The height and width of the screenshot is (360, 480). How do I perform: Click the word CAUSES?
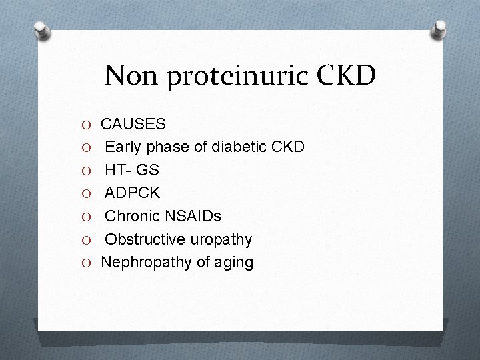pos(134,124)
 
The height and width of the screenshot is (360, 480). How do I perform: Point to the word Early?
pos(125,147)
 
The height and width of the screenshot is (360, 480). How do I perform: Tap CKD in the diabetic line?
pos(289,147)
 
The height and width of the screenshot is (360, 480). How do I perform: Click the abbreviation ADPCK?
pos(133,193)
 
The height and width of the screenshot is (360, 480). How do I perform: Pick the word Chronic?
pos(134,217)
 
